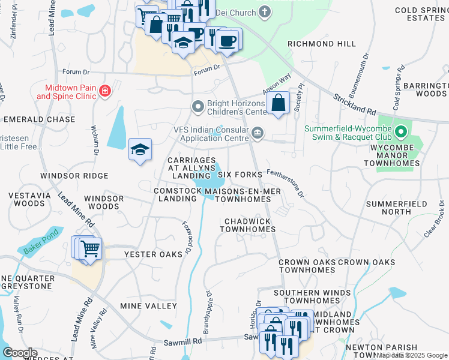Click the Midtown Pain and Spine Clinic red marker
(106, 91)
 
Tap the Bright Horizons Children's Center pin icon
(197, 107)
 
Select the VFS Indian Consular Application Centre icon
(258, 133)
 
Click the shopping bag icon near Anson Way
(279, 103)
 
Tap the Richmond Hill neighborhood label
(321, 44)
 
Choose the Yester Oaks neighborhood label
(153, 254)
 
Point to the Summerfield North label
(396, 208)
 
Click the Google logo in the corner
(20, 353)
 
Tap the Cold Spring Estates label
(420, 14)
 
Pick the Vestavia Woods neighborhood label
(28, 199)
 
